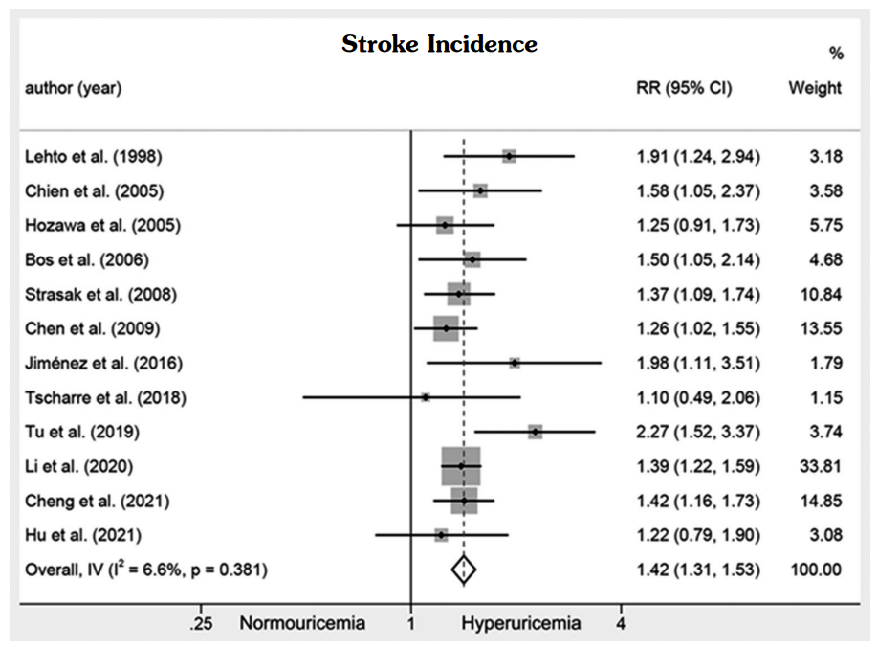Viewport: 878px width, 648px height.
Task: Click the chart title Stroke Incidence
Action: coord(439,44)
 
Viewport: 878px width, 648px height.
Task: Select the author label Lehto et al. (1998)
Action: coord(87,156)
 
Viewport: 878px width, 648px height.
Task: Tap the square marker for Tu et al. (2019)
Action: coord(535,432)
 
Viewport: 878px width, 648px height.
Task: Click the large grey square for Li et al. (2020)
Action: coord(461,466)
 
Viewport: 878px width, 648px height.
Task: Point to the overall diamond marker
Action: coord(464,570)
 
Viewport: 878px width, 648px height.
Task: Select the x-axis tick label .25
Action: coord(201,624)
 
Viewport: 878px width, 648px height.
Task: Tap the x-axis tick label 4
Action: coord(620,624)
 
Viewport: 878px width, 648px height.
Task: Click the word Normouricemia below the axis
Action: coord(302,624)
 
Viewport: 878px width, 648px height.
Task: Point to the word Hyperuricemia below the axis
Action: coord(521,624)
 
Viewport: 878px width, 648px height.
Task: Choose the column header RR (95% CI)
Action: coord(684,88)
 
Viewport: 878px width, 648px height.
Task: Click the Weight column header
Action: coord(815,88)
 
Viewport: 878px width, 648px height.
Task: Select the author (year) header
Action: coord(73,88)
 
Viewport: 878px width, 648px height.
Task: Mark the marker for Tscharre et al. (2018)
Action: coord(426,397)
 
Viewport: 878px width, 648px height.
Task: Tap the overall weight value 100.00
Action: coord(815,570)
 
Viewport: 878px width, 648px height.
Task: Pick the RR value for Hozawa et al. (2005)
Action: coord(698,225)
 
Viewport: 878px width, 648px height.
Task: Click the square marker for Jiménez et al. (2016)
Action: coord(515,363)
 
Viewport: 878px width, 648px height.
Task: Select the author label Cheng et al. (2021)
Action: coord(92,501)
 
